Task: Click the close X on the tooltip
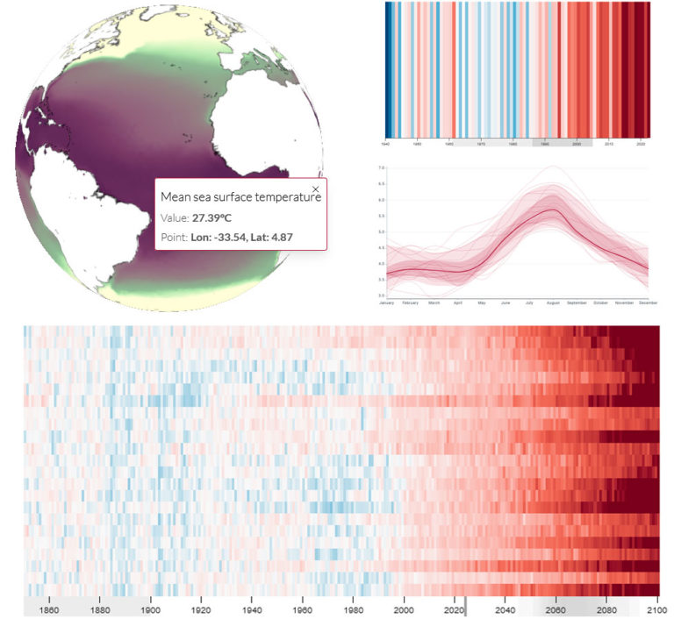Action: coord(316,189)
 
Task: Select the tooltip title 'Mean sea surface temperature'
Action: coord(240,198)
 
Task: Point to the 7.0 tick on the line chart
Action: coord(382,167)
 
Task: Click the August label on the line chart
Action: coord(552,303)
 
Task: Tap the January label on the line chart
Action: coord(386,303)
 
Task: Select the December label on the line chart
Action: coord(648,303)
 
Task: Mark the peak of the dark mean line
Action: coord(551,209)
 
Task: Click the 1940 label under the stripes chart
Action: coord(386,143)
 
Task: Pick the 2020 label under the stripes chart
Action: coord(641,143)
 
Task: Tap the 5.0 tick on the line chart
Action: coord(382,231)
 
